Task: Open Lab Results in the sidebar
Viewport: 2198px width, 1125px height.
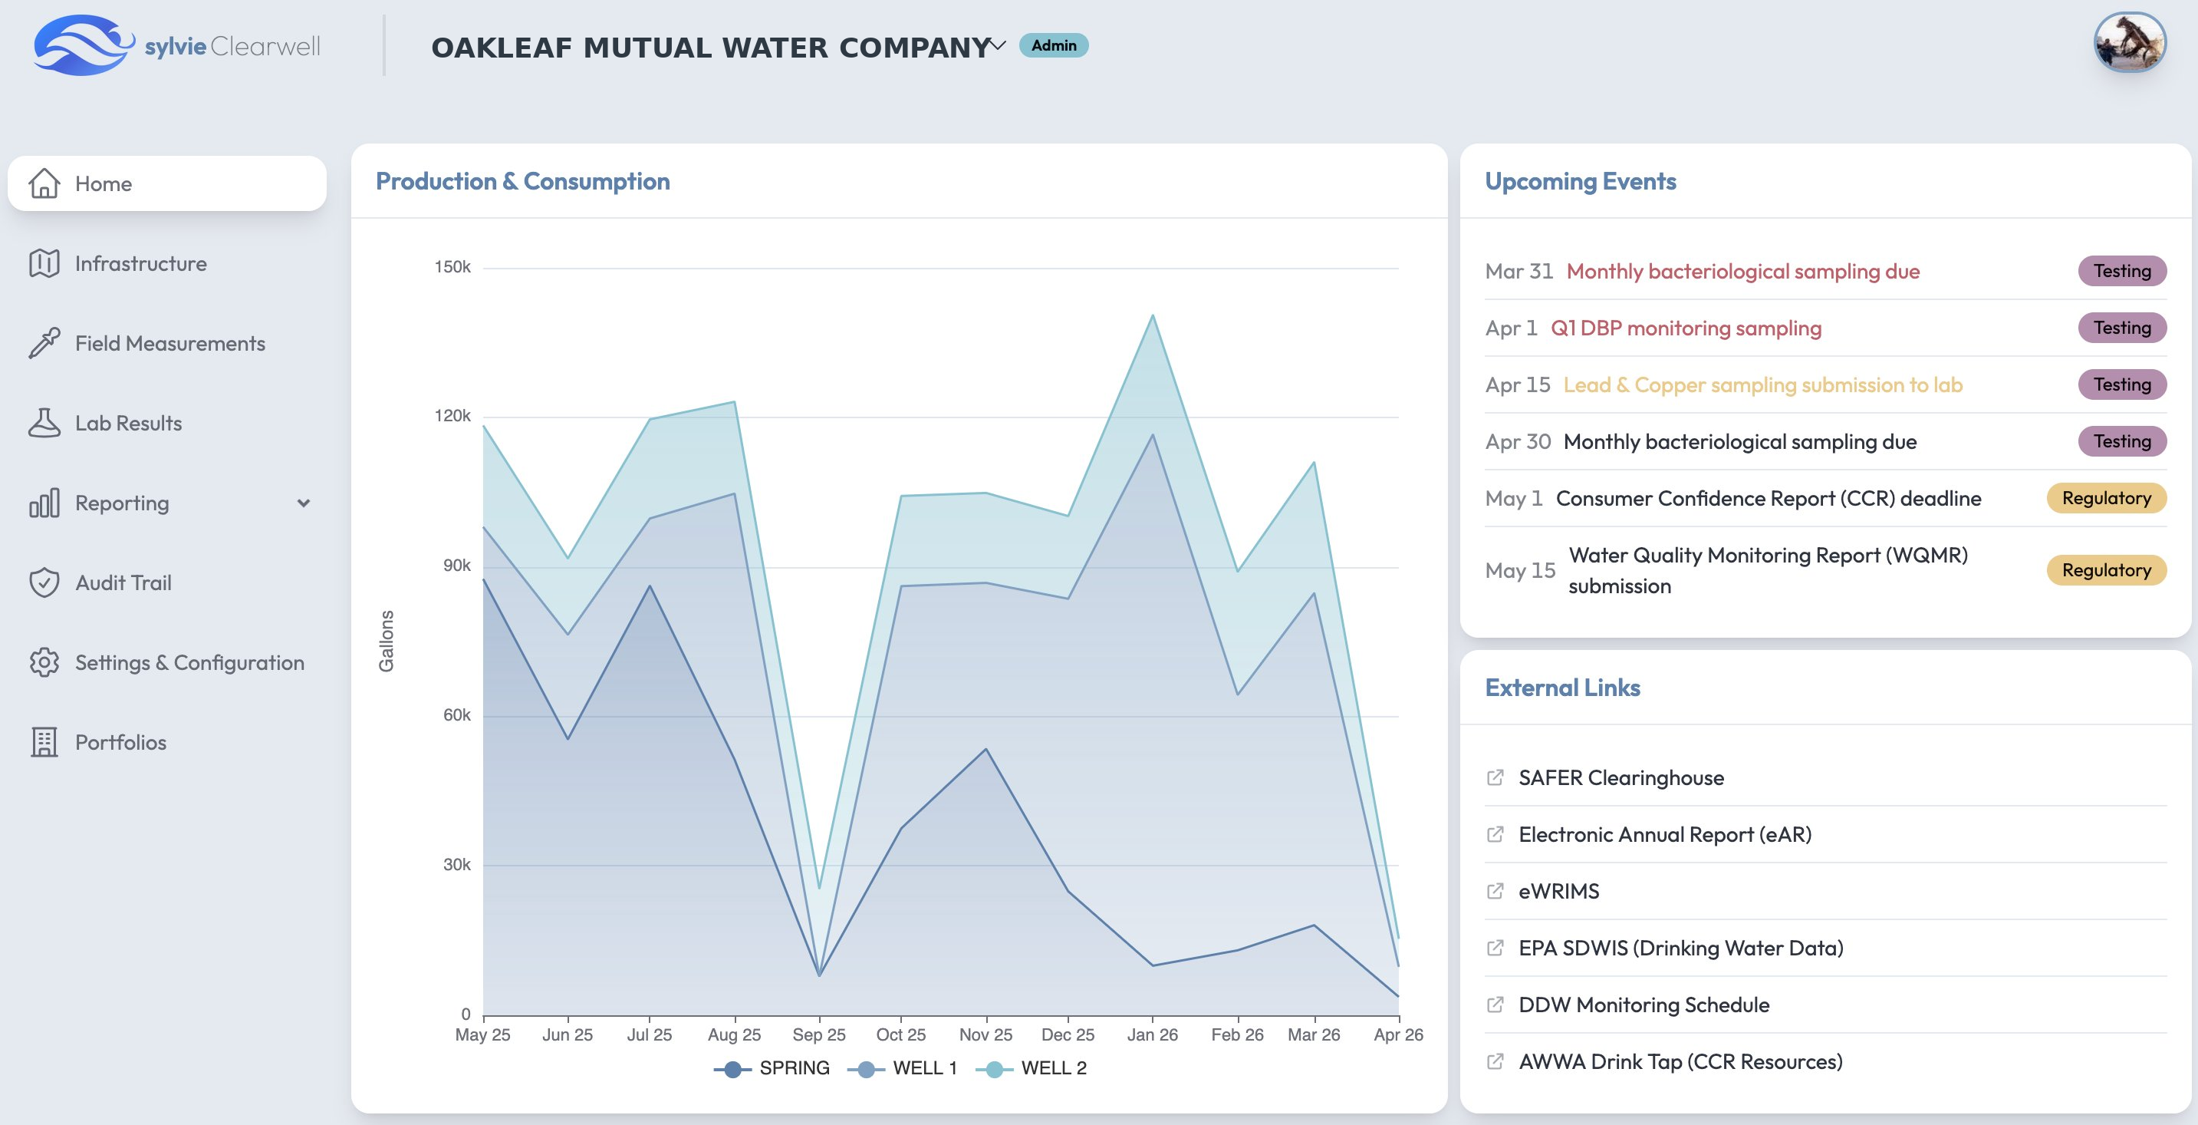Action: tap(128, 424)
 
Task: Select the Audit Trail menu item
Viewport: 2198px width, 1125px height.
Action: tap(123, 583)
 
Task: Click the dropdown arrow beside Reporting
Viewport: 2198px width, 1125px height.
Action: tap(303, 503)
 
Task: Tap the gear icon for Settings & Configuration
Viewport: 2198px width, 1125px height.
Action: tap(44, 662)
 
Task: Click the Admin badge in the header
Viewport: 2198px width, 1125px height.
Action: tap(1053, 45)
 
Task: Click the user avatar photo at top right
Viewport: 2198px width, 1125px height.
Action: tap(2129, 43)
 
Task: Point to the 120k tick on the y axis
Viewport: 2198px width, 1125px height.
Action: tap(452, 416)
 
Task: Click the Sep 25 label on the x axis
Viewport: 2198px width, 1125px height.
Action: tap(818, 1034)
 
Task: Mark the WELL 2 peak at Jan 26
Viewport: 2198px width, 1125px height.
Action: tap(1153, 316)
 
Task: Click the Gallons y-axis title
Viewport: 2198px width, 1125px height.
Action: tap(387, 641)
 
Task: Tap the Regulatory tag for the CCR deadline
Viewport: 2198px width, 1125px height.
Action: tap(2105, 499)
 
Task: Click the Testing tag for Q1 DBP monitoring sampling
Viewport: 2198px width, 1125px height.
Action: tap(2121, 328)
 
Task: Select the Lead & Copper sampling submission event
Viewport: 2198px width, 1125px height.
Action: tap(1762, 385)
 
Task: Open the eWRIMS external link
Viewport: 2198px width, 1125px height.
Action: tap(1558, 891)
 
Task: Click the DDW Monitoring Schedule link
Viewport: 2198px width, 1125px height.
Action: tap(1644, 1005)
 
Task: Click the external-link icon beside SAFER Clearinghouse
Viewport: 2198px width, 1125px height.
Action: tap(1495, 777)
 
